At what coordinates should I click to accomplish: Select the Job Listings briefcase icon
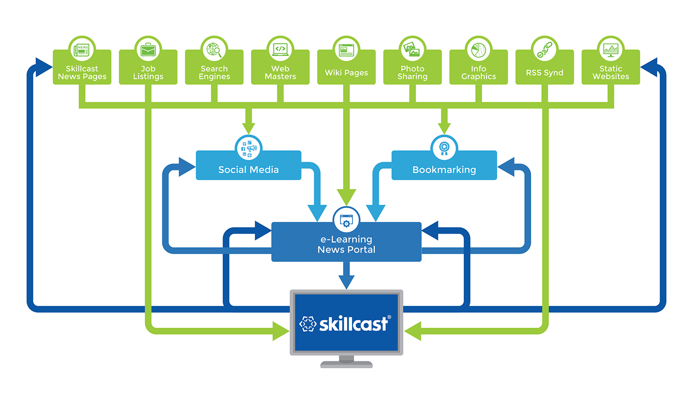coord(148,49)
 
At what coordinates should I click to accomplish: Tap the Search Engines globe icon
coord(214,49)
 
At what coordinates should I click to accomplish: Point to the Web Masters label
coord(280,73)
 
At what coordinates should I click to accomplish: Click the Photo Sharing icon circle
coord(412,49)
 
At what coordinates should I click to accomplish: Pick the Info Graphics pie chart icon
coord(478,49)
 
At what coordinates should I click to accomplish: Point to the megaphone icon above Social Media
coord(249,148)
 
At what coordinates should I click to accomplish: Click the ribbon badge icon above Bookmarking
coord(444,148)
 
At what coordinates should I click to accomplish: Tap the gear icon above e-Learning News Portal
coord(346,220)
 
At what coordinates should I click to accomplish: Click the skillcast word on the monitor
coord(353,324)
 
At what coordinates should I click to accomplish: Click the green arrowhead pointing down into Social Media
coord(249,128)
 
